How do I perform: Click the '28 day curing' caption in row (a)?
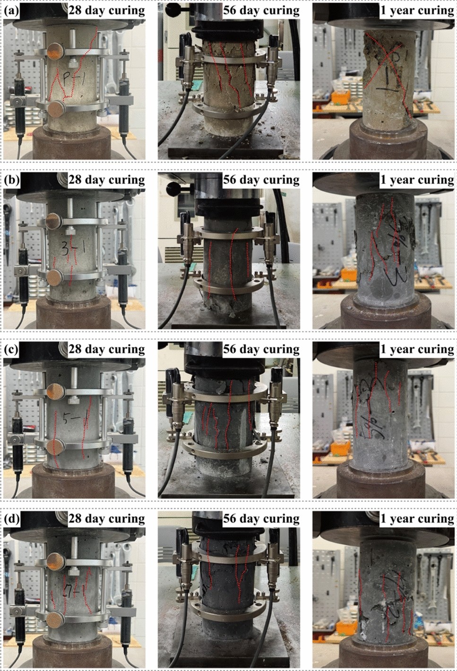[x=106, y=10]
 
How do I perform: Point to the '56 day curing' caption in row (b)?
[x=261, y=180]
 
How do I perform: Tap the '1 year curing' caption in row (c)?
[x=417, y=349]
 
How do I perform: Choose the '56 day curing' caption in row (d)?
[x=261, y=518]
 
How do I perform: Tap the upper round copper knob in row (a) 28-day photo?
[x=56, y=49]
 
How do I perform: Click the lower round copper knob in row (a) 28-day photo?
[x=57, y=109]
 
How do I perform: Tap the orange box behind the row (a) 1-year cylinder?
[x=340, y=98]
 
